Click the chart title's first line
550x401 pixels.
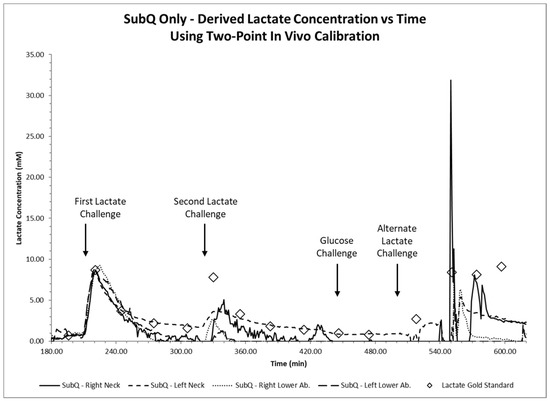275,17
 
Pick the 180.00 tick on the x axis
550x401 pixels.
52,351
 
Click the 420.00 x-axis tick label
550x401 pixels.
311,351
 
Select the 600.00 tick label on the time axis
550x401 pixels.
505,351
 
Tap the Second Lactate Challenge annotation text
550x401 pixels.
205,207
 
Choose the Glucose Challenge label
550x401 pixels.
337,247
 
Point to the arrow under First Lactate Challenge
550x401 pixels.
86,241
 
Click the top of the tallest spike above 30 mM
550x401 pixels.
451,82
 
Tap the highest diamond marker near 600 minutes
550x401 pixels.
501,267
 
